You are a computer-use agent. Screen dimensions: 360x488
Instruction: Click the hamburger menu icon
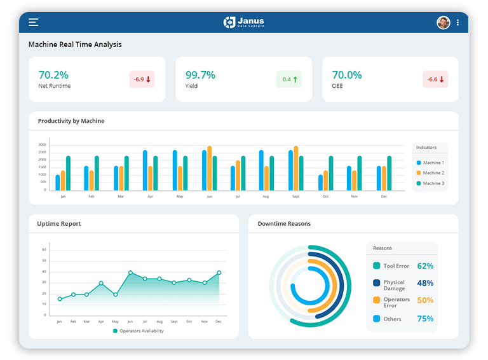pyautogui.click(x=34, y=22)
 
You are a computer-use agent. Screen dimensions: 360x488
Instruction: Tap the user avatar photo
pyautogui.click(x=443, y=22)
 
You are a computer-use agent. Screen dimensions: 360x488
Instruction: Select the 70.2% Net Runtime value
pyautogui.click(x=53, y=75)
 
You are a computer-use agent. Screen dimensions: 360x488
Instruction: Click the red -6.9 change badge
pyautogui.click(x=142, y=80)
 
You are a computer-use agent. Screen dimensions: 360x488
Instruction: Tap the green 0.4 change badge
pyautogui.click(x=289, y=80)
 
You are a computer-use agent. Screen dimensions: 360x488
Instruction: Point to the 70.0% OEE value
pyautogui.click(x=347, y=75)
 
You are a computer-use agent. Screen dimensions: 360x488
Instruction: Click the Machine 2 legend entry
pyautogui.click(x=430, y=173)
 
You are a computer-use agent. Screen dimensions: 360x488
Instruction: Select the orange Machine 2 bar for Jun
pyautogui.click(x=210, y=169)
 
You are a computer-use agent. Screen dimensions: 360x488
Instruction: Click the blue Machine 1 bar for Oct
pyautogui.click(x=320, y=183)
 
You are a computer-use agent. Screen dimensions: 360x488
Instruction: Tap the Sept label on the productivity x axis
pyautogui.click(x=296, y=197)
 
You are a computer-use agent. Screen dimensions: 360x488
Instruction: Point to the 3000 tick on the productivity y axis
pyautogui.click(x=42, y=145)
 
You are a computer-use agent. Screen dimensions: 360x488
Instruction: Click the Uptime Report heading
pyautogui.click(x=59, y=224)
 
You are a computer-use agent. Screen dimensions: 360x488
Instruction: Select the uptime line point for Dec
pyautogui.click(x=219, y=272)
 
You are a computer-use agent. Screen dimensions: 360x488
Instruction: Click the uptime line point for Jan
pyautogui.click(x=60, y=299)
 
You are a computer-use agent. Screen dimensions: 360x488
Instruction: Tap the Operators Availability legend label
pyautogui.click(x=142, y=331)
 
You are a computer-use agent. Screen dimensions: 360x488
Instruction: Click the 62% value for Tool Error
pyautogui.click(x=425, y=266)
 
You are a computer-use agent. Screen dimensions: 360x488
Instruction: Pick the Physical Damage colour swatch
pyautogui.click(x=377, y=283)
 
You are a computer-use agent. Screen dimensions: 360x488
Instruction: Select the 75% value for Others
pyautogui.click(x=425, y=319)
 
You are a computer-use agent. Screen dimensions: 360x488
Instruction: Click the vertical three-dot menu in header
pyautogui.click(x=457, y=22)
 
